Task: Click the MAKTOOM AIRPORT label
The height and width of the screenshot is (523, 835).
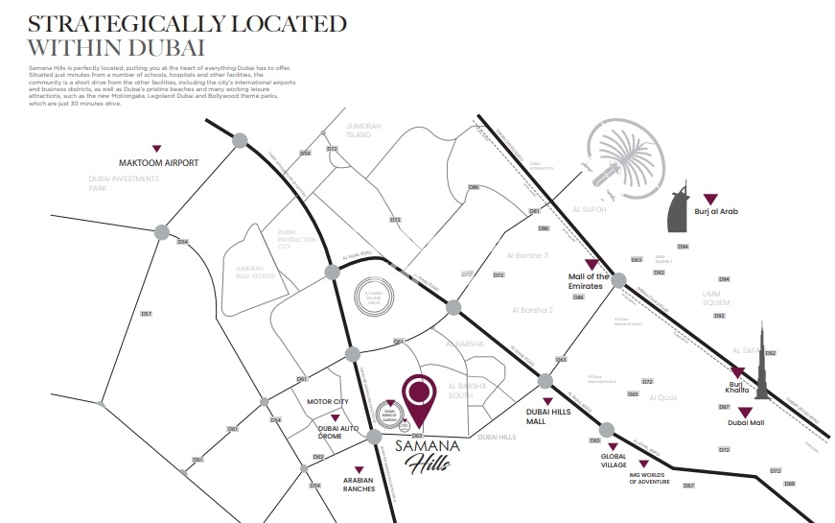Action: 158,163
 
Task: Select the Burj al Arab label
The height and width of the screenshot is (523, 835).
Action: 716,211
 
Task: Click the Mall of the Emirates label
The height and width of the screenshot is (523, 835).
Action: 587,281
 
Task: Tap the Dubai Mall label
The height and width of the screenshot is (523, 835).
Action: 746,422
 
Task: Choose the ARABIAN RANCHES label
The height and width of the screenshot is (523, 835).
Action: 359,485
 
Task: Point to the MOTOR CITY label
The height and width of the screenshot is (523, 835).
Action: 325,402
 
